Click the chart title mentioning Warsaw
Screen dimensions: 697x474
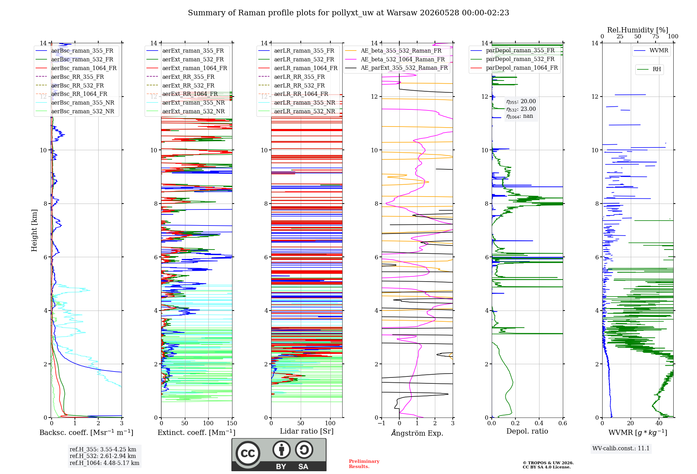point(348,13)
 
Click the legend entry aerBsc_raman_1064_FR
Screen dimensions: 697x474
point(76,68)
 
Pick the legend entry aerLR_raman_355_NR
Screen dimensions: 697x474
point(297,102)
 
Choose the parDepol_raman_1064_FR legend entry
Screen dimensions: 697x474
point(514,68)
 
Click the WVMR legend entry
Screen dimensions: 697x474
point(651,51)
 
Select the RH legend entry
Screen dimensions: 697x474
point(649,69)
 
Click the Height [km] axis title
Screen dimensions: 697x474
point(34,230)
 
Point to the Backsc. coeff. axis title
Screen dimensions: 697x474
point(86,432)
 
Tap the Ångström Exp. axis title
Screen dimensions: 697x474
point(417,433)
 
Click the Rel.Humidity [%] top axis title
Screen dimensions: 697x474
point(638,30)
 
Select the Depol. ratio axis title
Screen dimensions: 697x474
point(527,431)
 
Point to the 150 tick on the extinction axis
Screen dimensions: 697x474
point(232,423)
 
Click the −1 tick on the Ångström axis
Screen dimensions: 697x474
point(382,423)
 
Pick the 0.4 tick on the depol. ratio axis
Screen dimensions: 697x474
point(539,423)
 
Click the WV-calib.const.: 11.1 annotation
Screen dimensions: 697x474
point(621,448)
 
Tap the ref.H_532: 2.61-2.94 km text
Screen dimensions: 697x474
point(103,456)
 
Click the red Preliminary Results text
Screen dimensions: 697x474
point(364,464)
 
